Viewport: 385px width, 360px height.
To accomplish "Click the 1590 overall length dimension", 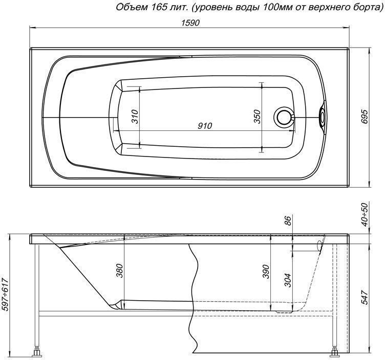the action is (x=190, y=23).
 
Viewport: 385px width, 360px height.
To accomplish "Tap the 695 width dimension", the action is (x=366, y=117).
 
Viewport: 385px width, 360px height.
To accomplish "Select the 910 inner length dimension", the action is (x=204, y=126).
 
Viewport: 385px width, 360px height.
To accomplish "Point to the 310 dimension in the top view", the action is (x=135, y=117).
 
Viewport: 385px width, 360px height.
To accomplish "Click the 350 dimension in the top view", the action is (x=257, y=117).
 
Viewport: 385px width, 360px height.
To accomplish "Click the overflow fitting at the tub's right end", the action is (x=322, y=117).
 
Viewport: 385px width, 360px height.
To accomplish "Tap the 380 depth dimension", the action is (x=119, y=271).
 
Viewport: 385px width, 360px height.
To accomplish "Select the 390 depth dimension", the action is (x=266, y=272).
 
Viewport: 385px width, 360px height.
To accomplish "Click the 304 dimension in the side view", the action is (x=288, y=280).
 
